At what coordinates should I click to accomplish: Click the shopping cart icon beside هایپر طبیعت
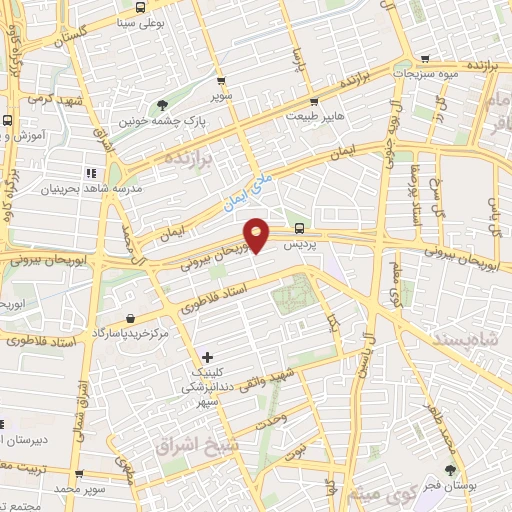click(314, 102)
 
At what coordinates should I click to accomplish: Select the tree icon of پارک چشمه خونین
click(163, 104)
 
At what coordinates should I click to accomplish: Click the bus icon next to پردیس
click(301, 227)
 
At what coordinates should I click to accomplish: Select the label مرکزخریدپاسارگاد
click(134, 331)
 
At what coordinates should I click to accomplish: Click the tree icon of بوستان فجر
click(451, 470)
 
